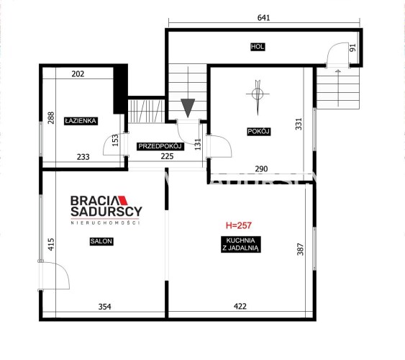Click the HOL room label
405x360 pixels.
[258, 47]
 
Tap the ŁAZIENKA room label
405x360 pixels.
[81, 121]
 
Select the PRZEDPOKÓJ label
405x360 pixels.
[160, 146]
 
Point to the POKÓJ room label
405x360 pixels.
[258, 132]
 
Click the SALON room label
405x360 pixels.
[101, 241]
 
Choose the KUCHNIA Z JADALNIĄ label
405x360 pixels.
[240, 244]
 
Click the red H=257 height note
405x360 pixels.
[238, 225]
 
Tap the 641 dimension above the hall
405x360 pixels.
[264, 17]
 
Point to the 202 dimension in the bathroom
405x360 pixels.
[78, 74]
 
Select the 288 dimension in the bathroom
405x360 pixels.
[51, 118]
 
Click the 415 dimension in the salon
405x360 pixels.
[51, 244]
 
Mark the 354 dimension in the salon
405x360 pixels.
[104, 307]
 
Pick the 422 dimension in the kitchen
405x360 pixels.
[240, 307]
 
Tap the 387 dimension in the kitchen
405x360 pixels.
[300, 249]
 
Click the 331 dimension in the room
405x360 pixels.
[299, 124]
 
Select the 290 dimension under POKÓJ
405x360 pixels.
[261, 169]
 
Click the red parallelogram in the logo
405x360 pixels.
[122, 201]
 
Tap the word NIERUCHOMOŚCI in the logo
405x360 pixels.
[105, 222]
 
